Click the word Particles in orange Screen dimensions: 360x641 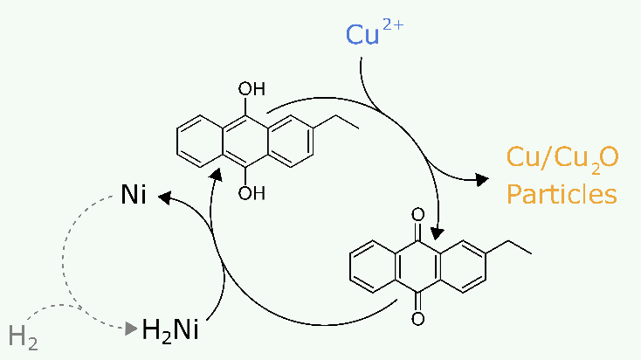point(562,193)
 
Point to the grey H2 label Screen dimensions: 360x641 point(24,335)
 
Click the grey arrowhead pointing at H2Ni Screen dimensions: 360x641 point(132,329)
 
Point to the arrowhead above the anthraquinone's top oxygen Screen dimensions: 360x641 point(438,232)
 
